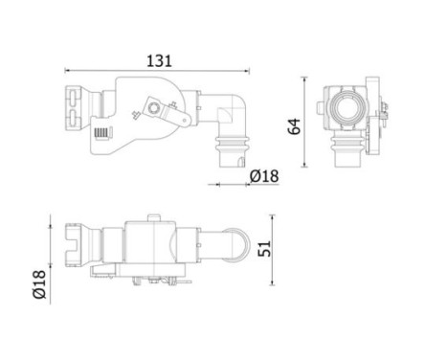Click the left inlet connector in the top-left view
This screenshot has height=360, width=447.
tap(76, 107)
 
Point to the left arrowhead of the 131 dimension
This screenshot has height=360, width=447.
tap(68, 70)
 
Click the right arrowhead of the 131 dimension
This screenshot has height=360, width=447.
tap(247, 70)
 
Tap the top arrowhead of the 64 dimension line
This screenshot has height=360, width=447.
tap(306, 73)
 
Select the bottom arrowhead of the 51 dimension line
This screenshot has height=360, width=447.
tap(274, 284)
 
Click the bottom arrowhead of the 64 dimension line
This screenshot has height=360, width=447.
tap(306, 177)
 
